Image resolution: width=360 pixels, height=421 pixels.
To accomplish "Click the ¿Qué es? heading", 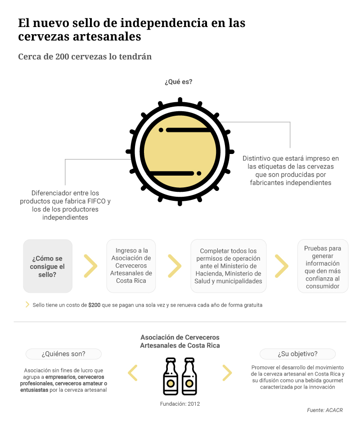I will click(x=179, y=82).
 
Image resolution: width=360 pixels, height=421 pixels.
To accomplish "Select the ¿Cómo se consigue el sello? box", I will click(x=48, y=266).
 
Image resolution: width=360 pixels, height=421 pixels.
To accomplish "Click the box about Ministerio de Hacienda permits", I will click(x=228, y=266).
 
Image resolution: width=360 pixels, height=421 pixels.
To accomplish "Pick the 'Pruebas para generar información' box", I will click(x=323, y=267).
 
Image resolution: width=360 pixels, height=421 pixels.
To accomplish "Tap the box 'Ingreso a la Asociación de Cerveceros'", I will click(x=132, y=266).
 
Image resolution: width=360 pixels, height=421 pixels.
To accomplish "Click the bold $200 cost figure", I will click(x=94, y=305).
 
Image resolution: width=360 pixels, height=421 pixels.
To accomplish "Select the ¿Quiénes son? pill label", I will click(x=63, y=354).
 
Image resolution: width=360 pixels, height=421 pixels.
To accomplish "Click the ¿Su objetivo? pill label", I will click(x=297, y=354).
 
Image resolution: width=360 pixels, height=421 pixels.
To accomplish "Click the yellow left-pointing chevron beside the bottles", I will click(x=133, y=373).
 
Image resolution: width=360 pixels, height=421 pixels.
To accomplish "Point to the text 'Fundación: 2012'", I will click(x=180, y=403).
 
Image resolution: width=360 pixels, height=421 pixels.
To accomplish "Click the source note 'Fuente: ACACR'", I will click(x=325, y=410).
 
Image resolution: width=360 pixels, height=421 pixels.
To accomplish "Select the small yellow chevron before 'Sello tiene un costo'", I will click(x=27, y=305).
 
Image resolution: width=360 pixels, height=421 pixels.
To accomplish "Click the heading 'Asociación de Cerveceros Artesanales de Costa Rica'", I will click(x=180, y=341).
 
